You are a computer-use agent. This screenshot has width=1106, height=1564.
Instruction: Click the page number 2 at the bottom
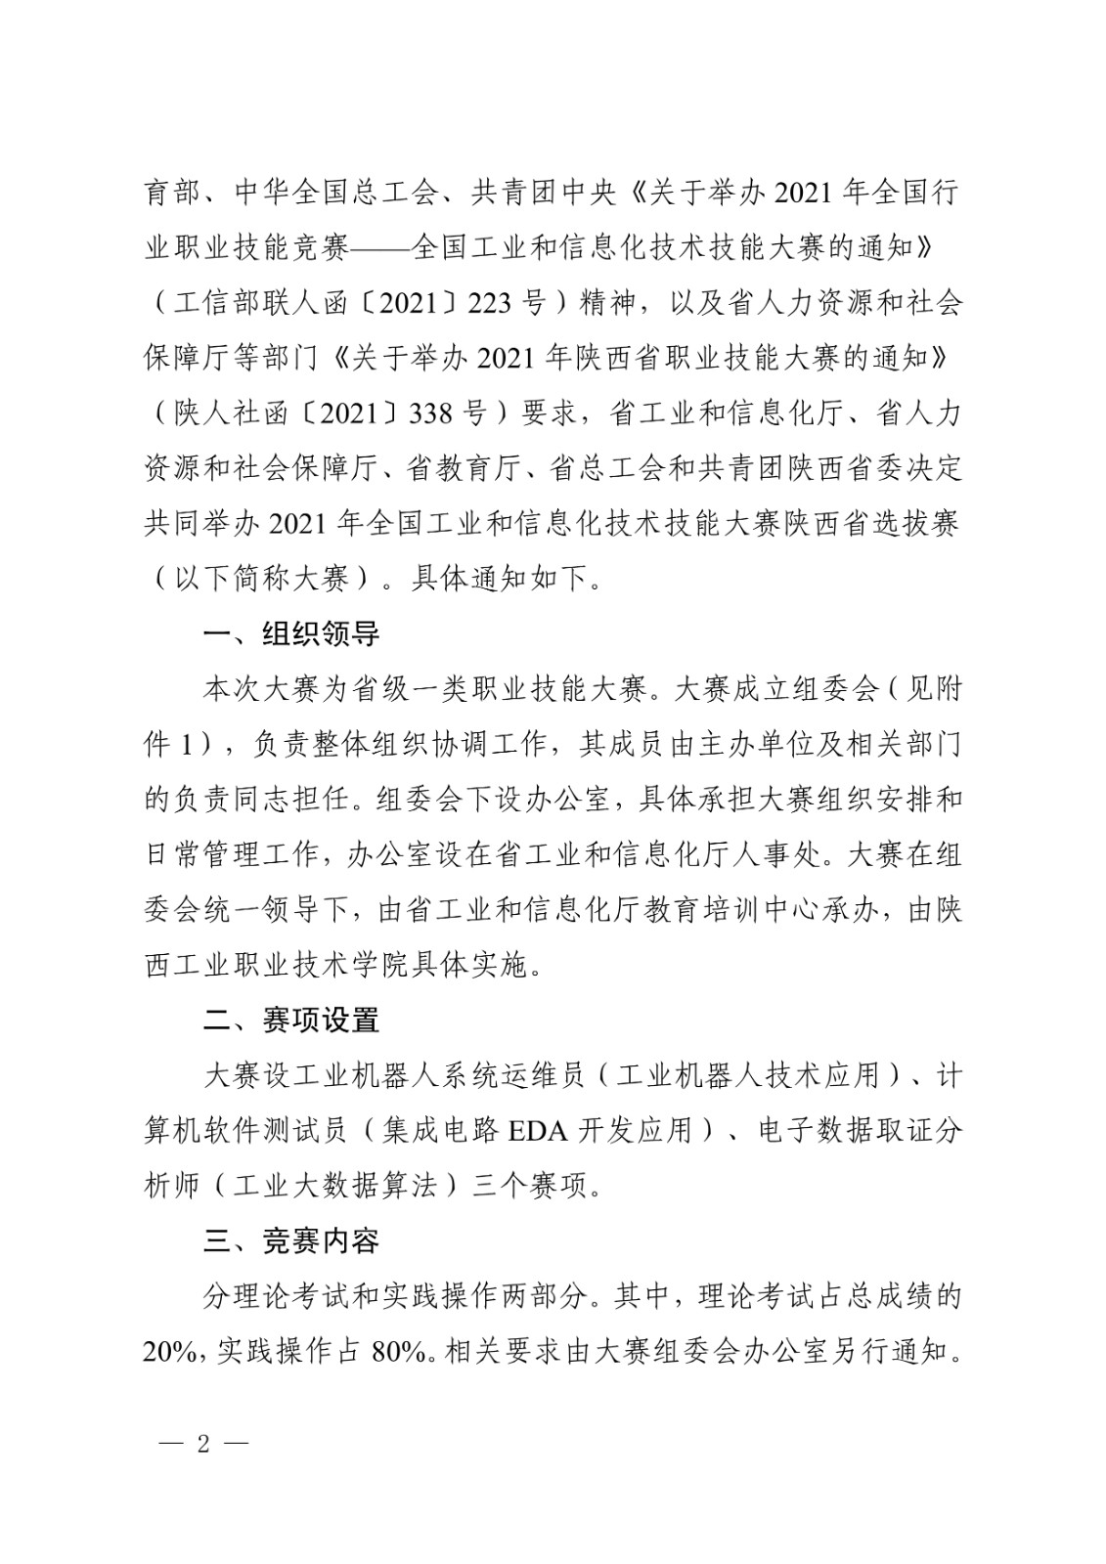(x=203, y=1443)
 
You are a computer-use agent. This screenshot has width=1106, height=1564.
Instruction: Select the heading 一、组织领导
(x=290, y=633)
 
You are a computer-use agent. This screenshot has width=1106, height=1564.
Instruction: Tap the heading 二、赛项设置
(x=290, y=1021)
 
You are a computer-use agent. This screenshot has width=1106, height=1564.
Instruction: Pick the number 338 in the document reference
(x=431, y=413)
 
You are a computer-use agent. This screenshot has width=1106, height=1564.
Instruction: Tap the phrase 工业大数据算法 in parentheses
(x=334, y=1187)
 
